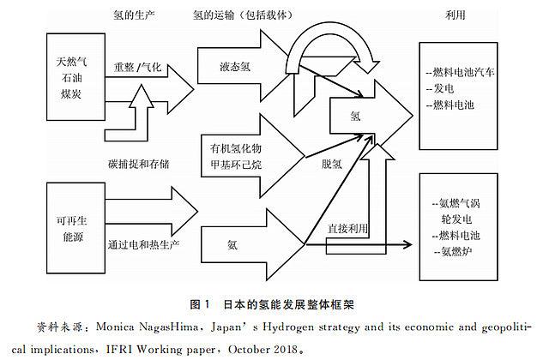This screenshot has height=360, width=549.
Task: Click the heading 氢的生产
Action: coord(134,15)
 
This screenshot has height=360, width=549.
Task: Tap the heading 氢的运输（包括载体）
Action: coord(243,15)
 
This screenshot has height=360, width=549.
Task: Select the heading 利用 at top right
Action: coord(455,15)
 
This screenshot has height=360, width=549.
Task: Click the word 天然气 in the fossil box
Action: coord(71,62)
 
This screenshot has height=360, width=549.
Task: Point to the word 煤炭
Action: coord(71,93)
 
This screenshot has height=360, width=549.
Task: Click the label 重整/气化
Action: coord(137,67)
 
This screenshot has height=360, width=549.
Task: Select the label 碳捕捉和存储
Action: coord(139,164)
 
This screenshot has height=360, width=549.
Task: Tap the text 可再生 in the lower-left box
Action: coord(71,220)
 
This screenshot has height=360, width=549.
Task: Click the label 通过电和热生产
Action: coord(143,244)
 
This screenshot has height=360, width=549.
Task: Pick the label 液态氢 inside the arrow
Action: coord(235,67)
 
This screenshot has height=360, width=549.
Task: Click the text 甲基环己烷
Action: coord(236,164)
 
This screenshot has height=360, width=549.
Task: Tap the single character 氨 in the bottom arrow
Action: coord(232,244)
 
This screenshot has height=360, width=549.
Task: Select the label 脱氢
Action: coord(332,164)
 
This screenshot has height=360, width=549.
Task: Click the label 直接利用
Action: coord(347,229)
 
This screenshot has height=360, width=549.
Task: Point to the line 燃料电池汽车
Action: coord(460,72)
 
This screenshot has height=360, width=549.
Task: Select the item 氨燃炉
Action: coord(453,251)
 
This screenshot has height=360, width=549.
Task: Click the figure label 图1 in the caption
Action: coord(200,304)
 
